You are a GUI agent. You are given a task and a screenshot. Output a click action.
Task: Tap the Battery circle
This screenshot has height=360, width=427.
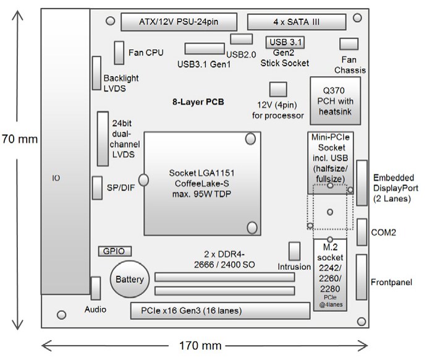coord(129,280)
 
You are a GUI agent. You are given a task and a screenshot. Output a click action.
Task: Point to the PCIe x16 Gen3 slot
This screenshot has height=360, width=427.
coord(219,310)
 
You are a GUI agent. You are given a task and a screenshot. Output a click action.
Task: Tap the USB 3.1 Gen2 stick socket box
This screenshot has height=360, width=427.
coord(285,42)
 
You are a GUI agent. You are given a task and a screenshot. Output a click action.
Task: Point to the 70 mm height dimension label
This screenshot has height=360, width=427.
coord(19,139)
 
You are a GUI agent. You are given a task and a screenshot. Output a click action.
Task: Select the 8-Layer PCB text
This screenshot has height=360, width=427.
coord(197,101)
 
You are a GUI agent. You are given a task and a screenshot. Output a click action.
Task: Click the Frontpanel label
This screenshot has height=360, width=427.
coord(391,283)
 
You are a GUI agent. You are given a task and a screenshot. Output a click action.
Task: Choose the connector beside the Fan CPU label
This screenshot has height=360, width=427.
coord(119,53)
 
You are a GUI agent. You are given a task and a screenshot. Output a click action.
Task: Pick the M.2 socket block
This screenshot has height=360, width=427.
coord(331,275)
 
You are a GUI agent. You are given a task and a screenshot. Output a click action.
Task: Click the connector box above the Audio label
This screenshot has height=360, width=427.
coord(96,287)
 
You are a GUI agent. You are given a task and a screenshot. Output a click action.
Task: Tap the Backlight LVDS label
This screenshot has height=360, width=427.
coord(121,84)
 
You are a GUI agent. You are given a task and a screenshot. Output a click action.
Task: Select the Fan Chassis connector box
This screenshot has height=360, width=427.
coord(349,44)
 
